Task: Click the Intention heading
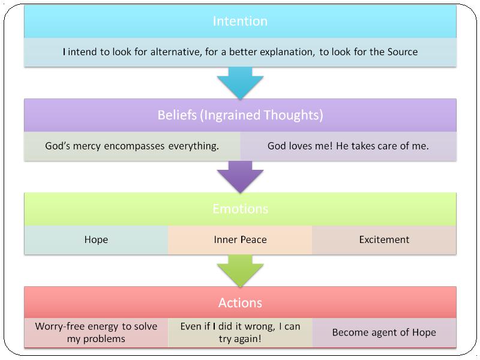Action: point(240,21)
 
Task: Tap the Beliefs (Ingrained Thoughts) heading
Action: point(241,115)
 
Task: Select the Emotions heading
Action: point(241,209)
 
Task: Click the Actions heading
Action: point(241,303)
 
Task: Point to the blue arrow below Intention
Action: point(241,83)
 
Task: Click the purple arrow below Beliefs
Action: point(241,176)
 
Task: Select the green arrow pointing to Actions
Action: point(241,271)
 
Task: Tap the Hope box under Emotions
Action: point(96,239)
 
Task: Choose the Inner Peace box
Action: point(240,239)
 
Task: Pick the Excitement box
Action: point(384,239)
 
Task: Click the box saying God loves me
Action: point(349,146)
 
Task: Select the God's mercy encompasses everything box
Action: point(132,146)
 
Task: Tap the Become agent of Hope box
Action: point(384,332)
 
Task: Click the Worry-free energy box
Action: point(96,332)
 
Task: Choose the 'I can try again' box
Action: point(240,332)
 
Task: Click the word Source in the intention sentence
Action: point(403,52)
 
